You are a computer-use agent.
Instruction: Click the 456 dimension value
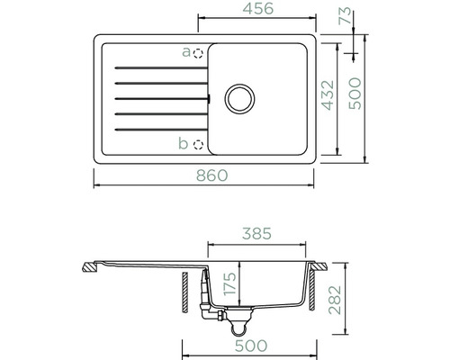[258, 8]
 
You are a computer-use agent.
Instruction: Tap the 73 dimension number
[345, 15]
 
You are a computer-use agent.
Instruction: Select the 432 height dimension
[328, 95]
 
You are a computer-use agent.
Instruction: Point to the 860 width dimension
[212, 175]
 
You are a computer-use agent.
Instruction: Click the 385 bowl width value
[256, 234]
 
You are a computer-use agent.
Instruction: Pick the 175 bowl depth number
[230, 283]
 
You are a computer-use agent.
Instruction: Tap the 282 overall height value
[335, 300]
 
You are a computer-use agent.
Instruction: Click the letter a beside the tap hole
[186, 52]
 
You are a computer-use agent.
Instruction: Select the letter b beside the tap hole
[183, 143]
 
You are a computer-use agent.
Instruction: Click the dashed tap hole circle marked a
[198, 54]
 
